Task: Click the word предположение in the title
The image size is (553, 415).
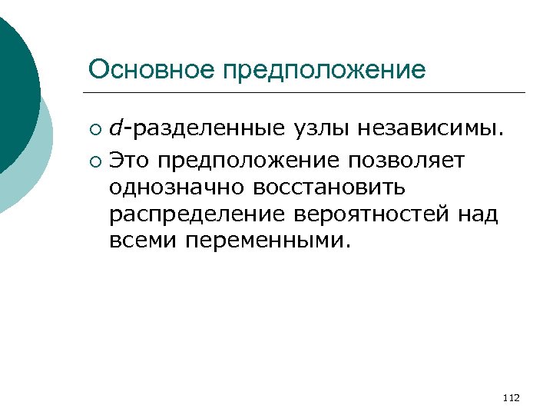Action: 323,71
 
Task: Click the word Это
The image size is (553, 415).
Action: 129,161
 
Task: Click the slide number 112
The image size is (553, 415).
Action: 510,397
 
